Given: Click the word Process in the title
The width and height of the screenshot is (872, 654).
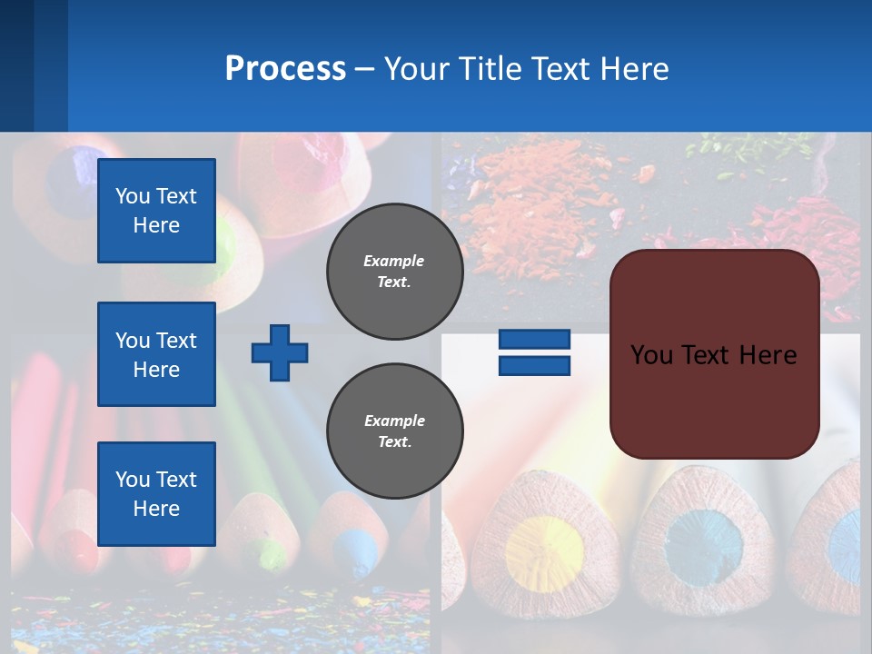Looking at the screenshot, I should (285, 68).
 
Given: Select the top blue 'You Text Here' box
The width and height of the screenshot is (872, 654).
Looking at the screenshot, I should (156, 211).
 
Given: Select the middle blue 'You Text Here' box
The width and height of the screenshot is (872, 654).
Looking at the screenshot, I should (156, 354).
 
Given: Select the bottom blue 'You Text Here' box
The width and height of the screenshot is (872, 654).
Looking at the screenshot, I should (156, 493).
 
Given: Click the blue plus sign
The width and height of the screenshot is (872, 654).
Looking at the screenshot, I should (280, 352).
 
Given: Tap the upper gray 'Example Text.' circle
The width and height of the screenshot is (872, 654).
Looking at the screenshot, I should (394, 272).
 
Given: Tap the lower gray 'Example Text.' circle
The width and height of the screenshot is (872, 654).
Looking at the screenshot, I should (394, 431).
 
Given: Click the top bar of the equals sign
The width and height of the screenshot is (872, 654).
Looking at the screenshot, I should (534, 339).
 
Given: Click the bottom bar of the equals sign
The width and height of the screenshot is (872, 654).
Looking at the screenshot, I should (534, 365).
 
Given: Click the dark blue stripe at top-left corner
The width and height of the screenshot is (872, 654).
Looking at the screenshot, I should (16, 64).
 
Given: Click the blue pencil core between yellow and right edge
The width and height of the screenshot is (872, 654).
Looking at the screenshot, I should (703, 545).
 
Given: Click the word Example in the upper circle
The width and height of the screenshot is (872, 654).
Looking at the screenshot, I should (394, 261).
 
